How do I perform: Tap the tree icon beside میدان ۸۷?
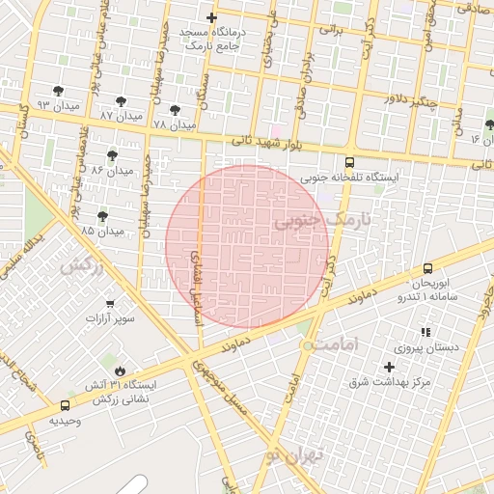click(x=121, y=101)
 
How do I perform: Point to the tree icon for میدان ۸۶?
click(x=112, y=154)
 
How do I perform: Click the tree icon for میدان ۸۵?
click(x=103, y=216)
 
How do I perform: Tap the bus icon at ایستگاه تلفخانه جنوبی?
click(x=349, y=162)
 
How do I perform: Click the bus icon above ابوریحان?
click(x=426, y=268)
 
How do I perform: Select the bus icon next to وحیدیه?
click(x=65, y=406)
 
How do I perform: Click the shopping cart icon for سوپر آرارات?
click(x=110, y=303)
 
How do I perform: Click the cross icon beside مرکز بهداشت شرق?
click(x=390, y=367)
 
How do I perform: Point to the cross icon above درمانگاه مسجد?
click(x=212, y=17)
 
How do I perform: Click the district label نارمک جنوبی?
click(x=322, y=222)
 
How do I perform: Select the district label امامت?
click(x=336, y=343)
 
